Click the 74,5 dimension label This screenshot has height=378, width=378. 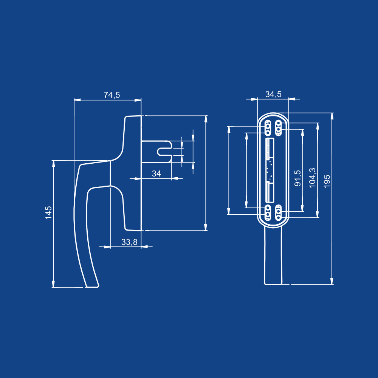(112, 95)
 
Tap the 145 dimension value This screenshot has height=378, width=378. (49, 212)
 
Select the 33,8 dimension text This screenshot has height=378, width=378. (129, 242)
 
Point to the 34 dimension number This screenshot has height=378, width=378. (156, 174)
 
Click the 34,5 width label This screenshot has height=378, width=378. (273, 94)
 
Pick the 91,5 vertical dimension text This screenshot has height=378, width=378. (298, 178)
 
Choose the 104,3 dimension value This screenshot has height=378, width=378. (312, 178)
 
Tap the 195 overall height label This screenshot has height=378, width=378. (327, 181)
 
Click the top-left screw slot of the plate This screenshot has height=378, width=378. (268, 128)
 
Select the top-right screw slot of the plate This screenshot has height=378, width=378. (279, 128)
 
